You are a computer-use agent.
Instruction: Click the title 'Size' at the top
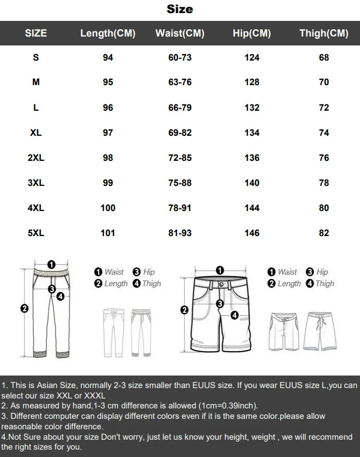click(x=180, y=9)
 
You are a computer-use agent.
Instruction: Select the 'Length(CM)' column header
click(x=107, y=33)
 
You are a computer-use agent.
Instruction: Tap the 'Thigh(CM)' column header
click(x=323, y=33)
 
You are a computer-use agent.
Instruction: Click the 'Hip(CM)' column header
click(x=251, y=33)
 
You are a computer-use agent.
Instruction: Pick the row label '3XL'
click(x=36, y=183)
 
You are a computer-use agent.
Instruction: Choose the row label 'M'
click(x=36, y=83)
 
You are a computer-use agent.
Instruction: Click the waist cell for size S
click(x=180, y=57)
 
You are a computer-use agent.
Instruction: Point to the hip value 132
click(x=251, y=108)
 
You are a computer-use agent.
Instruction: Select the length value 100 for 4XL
click(x=107, y=208)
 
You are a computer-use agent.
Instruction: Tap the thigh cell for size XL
click(x=323, y=133)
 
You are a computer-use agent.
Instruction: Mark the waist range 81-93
click(x=180, y=233)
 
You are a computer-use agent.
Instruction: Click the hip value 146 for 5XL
click(x=251, y=233)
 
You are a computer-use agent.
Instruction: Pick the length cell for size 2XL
click(x=107, y=158)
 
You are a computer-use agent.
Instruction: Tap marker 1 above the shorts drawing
click(x=220, y=270)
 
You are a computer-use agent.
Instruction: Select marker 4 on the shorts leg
click(x=234, y=315)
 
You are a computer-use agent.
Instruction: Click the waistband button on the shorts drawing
click(x=221, y=284)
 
